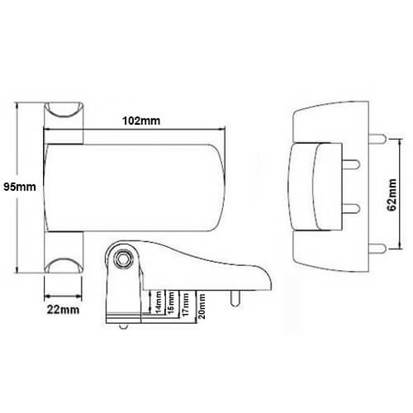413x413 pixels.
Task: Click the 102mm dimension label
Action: click(141, 121)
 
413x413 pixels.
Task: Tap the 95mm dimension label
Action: click(20, 187)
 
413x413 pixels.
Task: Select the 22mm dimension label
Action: click(63, 310)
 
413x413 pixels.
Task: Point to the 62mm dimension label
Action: click(392, 195)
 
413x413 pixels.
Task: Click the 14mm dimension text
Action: click(159, 302)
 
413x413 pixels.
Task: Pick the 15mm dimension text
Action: click(171, 302)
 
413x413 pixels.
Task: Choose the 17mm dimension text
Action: click(186, 304)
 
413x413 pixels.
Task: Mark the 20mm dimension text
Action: click(202, 306)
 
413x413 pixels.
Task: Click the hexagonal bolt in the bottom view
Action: click(122, 259)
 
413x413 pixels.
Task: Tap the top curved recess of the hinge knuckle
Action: click(64, 110)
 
